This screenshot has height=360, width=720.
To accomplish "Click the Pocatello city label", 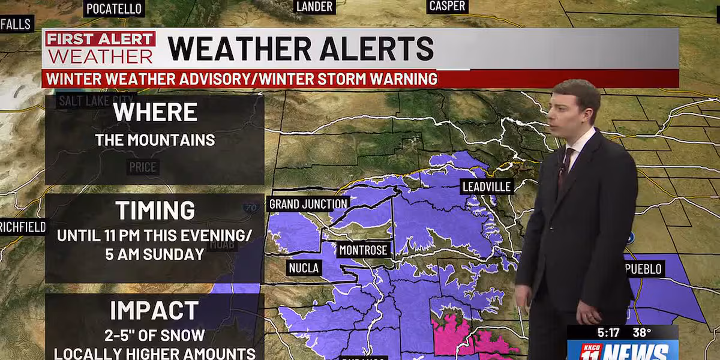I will (114, 8).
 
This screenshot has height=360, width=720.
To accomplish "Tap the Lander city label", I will (314, 7).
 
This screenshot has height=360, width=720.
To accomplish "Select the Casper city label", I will (447, 7).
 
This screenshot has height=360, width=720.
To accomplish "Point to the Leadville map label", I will (487, 187).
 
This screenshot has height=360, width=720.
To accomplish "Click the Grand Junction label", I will (308, 204).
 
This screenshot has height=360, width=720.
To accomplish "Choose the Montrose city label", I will (364, 250).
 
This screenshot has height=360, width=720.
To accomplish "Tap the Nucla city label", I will (303, 268).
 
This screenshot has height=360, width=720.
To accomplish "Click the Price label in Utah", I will (143, 167).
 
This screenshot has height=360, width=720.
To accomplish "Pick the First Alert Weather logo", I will (100, 48).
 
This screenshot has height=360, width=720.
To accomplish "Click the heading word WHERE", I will (155, 112).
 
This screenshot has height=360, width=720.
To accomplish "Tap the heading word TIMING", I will (155, 211).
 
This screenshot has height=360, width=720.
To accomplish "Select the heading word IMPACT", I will (155, 311).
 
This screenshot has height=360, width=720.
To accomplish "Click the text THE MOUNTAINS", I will (155, 140).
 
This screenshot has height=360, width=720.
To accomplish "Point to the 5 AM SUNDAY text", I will (155, 254).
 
